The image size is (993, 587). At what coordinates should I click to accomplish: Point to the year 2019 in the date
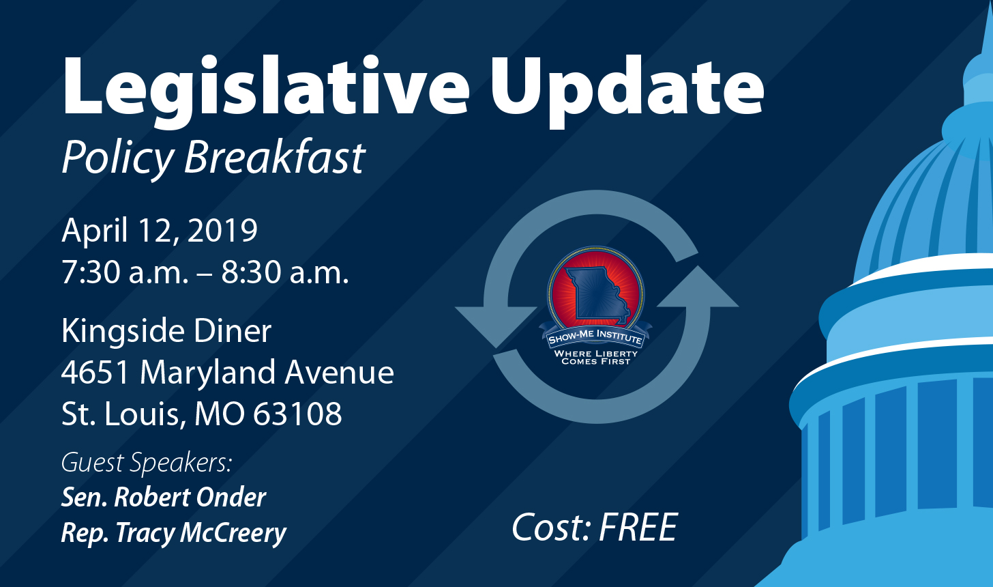point(222,230)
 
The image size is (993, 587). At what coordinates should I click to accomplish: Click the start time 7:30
point(91,272)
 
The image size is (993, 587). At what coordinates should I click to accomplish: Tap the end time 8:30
point(252,272)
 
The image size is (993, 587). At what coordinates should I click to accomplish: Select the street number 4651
point(95,372)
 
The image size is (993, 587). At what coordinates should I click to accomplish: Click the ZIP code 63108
point(297,414)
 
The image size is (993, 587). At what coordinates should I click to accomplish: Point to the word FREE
point(638,527)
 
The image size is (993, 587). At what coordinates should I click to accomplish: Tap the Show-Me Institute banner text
point(595,338)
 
